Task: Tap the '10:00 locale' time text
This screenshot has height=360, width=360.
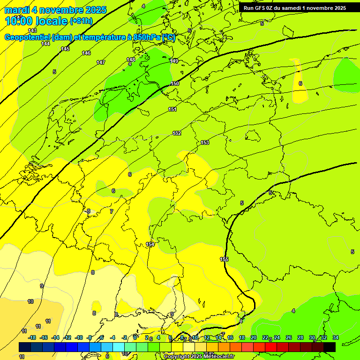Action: coord(36,21)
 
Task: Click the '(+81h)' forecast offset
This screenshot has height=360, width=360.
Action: coord(81,21)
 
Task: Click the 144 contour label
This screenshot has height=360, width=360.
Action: coord(45,44)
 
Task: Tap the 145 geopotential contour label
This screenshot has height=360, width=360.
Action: coord(65,49)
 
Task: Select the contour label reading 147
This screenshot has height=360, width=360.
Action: coord(101,62)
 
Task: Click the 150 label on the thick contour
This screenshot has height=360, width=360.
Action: coord(175,83)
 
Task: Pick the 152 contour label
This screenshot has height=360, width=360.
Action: coord(177,134)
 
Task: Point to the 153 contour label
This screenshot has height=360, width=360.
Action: coord(205,142)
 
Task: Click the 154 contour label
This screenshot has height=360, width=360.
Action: coord(150,244)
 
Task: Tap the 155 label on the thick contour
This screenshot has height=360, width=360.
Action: coord(224,259)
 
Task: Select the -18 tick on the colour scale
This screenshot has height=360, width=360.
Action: coord(32,337)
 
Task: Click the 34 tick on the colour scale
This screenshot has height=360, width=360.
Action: coord(336,337)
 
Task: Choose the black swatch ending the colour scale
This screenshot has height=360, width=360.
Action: coord(330,347)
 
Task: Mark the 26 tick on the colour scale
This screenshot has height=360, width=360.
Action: coord(289,337)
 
